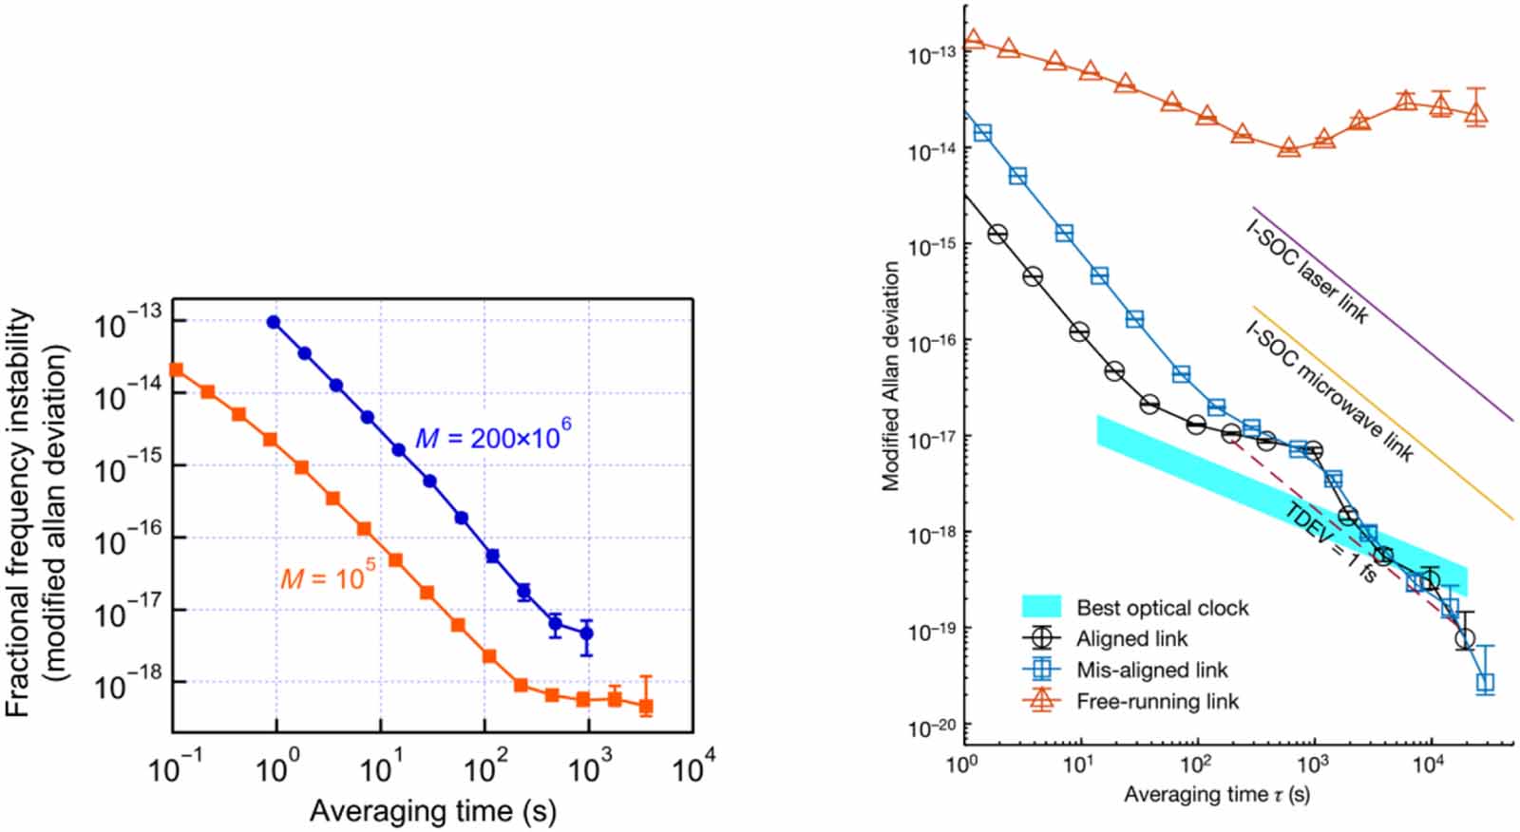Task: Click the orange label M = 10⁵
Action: pos(328,576)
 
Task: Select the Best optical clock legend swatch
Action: pos(1040,607)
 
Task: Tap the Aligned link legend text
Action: pos(1131,638)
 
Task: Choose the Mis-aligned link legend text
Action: pos(1151,670)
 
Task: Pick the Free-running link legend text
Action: pos(1157,701)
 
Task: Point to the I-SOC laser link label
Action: pos(1306,271)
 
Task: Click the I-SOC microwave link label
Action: pos(1328,389)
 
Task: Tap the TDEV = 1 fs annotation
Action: pos(1330,542)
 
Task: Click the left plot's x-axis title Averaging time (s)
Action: pos(432,811)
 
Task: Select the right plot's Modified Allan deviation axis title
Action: pos(890,376)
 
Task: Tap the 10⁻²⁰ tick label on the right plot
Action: pos(931,728)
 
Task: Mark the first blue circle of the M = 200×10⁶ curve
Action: pos(274,322)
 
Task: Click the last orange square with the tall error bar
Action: pos(646,707)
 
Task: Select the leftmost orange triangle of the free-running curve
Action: pos(973,41)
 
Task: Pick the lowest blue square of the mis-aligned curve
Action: pos(1486,682)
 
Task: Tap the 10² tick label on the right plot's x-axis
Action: pos(1195,763)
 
